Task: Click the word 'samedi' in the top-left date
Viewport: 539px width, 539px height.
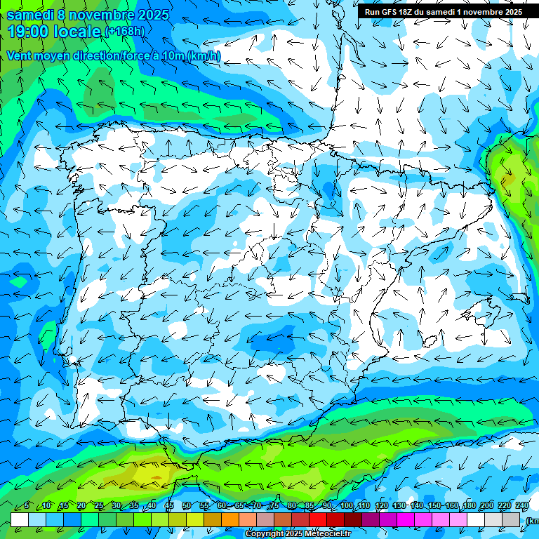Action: [31, 15]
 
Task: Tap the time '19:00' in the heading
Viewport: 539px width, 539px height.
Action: [29, 31]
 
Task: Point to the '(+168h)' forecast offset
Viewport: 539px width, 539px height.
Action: [124, 32]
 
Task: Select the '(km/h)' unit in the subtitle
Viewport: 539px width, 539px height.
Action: [204, 56]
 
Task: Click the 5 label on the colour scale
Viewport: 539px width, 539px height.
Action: [27, 506]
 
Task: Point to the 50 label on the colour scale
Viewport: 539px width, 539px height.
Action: [186, 506]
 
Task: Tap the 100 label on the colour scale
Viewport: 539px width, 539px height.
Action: [346, 506]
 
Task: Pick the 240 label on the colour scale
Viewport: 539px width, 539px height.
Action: [523, 506]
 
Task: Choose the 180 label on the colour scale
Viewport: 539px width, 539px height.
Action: [470, 506]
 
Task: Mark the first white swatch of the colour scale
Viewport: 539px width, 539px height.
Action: [20, 519]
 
